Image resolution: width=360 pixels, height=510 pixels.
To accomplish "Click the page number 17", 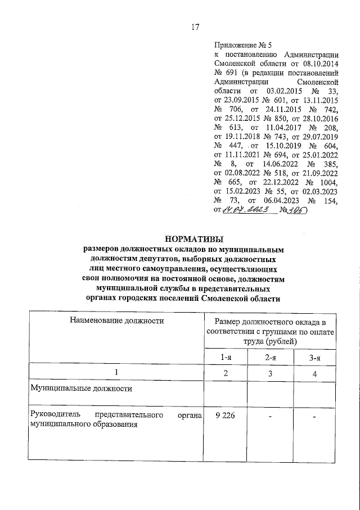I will (x=195, y=27).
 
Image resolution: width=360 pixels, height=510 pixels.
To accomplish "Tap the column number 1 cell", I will (x=116, y=373).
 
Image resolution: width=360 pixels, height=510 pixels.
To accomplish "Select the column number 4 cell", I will (x=315, y=373).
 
